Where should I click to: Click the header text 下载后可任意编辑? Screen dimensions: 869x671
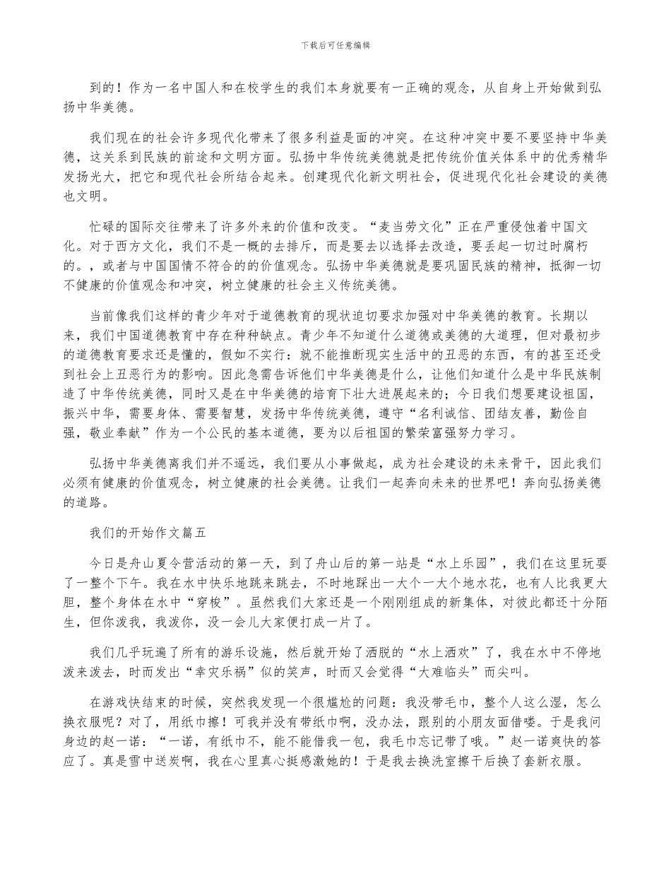pyautogui.click(x=335, y=45)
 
